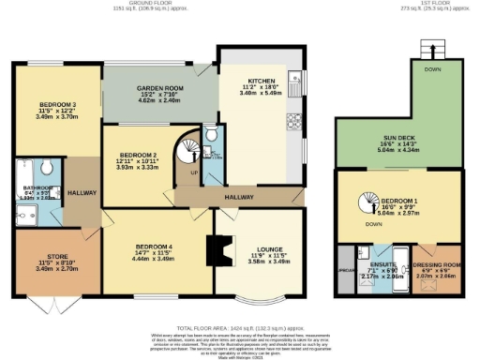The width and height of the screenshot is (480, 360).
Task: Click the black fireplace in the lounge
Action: [217, 249]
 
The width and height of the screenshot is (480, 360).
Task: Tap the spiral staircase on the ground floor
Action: [193, 149]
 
